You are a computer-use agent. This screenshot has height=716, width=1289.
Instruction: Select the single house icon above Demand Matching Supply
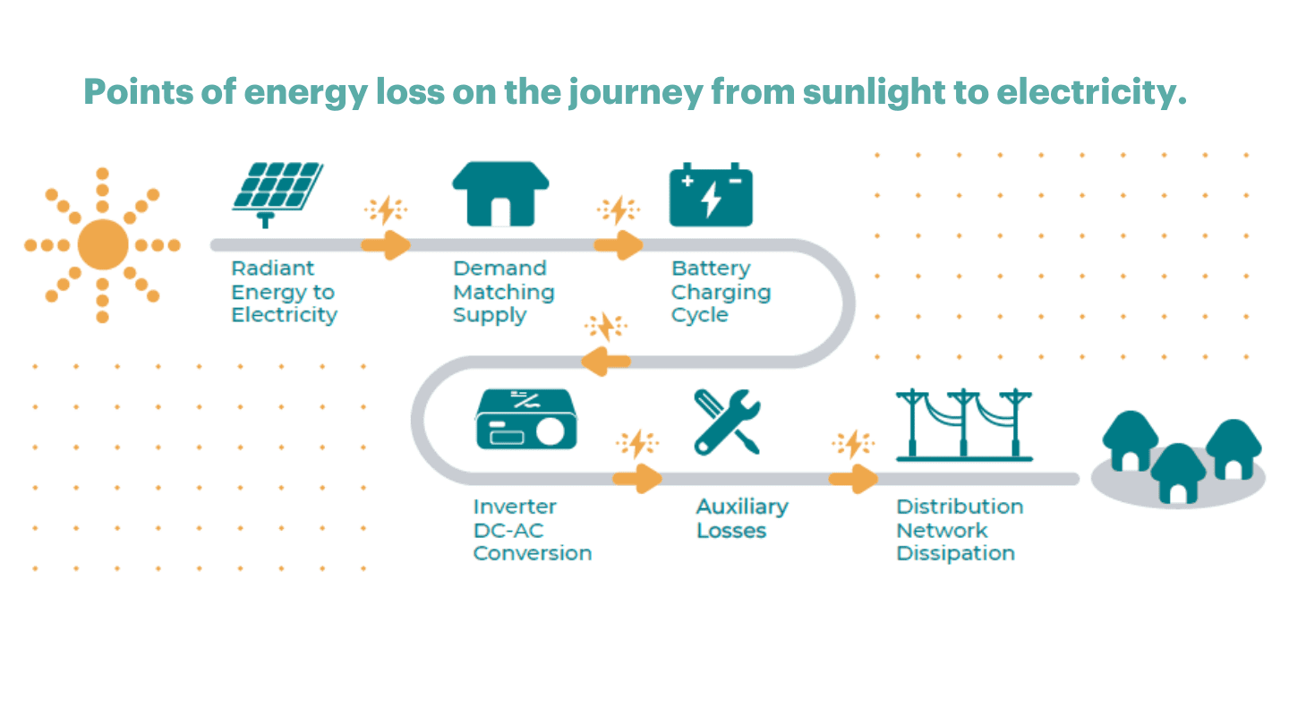(500, 193)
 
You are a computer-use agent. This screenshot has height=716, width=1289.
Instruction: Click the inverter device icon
(526, 419)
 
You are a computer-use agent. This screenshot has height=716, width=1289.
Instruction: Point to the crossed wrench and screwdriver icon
(728, 422)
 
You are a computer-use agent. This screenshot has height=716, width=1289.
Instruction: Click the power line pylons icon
(964, 425)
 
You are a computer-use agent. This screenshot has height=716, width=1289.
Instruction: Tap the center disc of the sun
(103, 244)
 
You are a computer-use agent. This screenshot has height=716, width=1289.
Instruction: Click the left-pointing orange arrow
(605, 362)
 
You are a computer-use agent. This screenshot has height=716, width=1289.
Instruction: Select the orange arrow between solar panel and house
(386, 245)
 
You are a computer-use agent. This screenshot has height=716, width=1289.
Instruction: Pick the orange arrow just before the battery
(619, 245)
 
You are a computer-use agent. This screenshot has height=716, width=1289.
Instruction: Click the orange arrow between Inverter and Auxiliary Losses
(637, 478)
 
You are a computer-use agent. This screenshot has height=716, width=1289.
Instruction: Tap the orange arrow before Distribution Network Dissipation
(853, 478)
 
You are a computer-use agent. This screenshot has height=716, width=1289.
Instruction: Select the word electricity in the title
(1092, 93)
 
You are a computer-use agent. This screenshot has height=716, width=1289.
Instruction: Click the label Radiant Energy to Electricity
(285, 292)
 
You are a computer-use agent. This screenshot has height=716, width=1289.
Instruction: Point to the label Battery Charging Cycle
(721, 292)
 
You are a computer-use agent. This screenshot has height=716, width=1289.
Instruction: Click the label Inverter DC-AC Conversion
(533, 530)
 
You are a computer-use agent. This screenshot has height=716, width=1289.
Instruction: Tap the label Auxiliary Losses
(742, 518)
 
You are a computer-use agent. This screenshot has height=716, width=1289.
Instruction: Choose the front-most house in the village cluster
(1179, 473)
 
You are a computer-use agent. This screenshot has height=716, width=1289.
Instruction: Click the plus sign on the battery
(687, 181)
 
